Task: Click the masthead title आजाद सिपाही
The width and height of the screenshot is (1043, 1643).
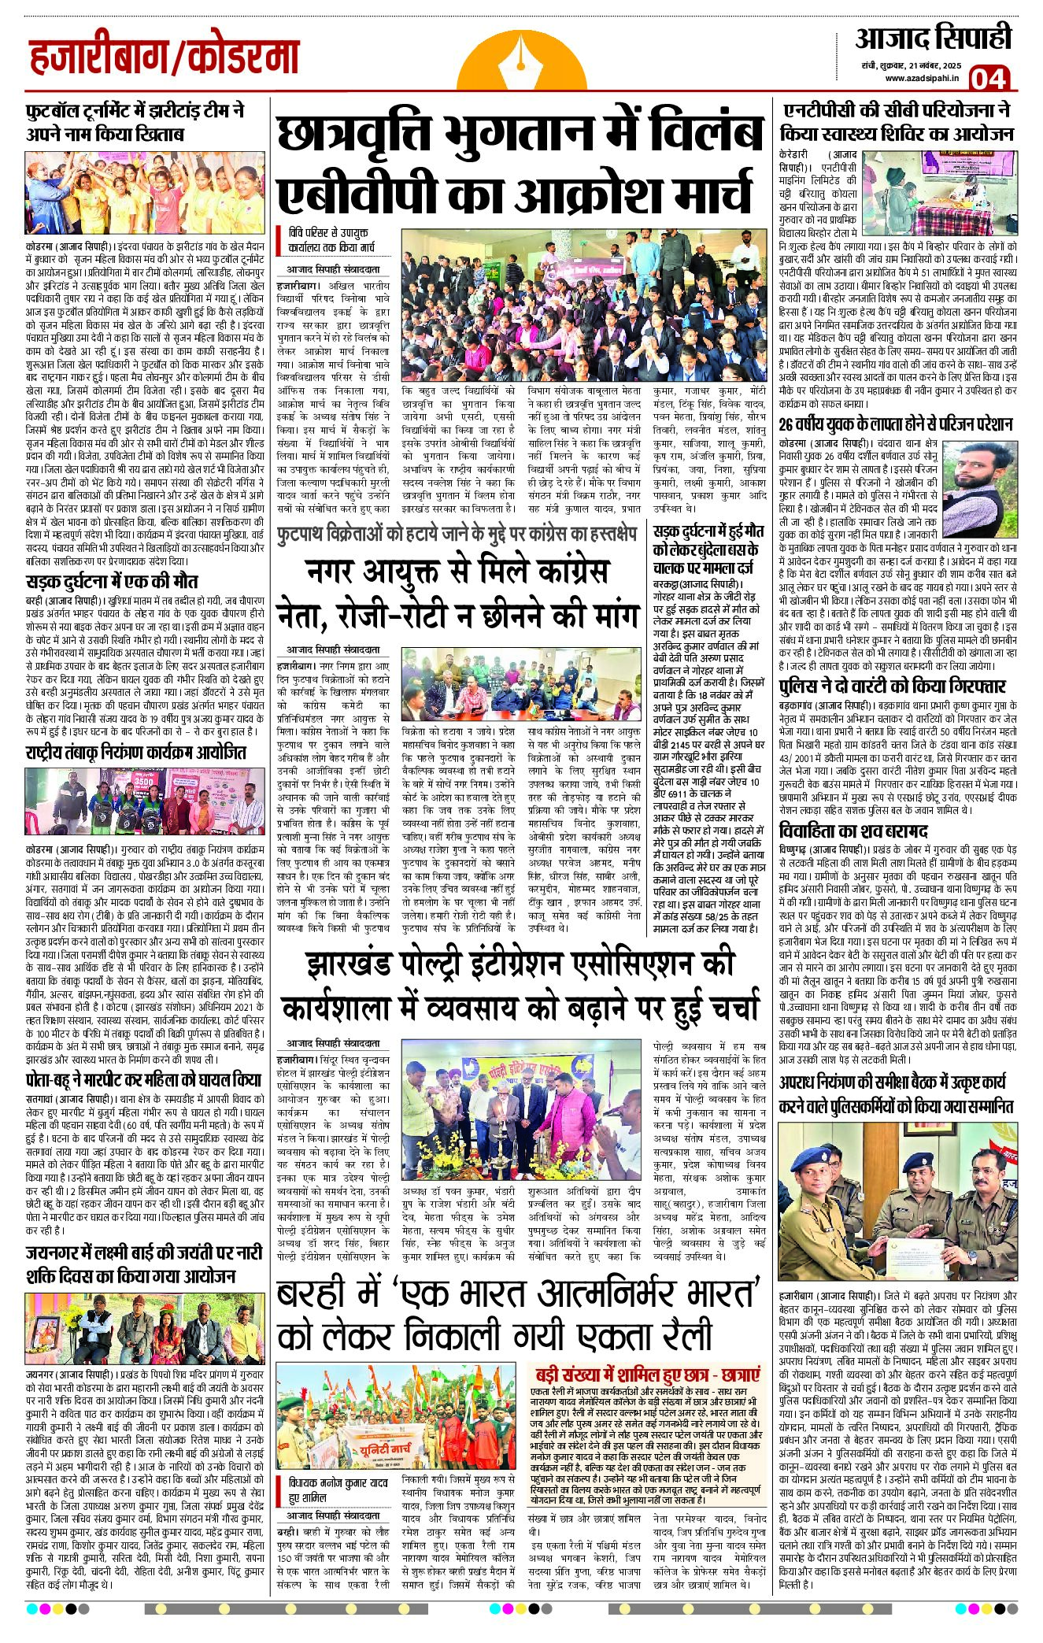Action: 933,37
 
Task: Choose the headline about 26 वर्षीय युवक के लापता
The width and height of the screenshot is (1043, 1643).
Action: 895,424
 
